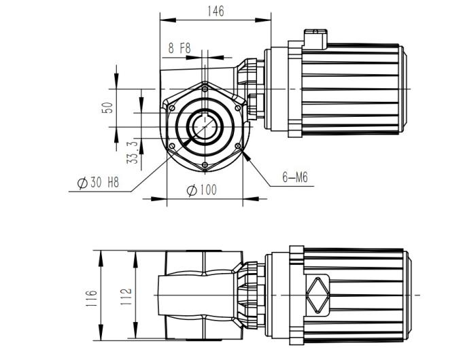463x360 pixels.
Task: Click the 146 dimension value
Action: click(216, 11)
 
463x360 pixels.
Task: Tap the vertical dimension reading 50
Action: click(107, 109)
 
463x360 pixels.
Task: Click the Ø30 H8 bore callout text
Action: click(101, 183)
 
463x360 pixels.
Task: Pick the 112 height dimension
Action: click(126, 298)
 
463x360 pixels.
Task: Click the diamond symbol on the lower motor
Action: click(317, 296)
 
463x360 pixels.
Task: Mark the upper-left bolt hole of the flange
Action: click(171, 108)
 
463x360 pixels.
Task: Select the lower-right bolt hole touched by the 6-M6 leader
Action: click(237, 145)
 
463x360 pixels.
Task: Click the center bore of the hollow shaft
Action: click(204, 126)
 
